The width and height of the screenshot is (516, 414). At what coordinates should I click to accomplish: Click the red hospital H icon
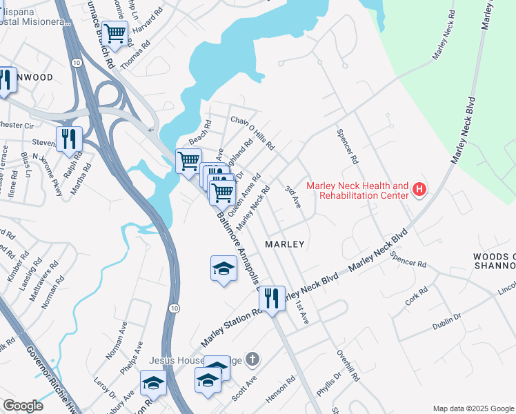(418, 189)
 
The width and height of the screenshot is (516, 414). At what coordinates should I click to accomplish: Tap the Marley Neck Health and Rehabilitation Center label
(357, 190)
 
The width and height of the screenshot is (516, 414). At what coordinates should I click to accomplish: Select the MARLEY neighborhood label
(285, 244)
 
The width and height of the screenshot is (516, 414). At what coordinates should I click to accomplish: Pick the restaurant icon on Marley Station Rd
(272, 298)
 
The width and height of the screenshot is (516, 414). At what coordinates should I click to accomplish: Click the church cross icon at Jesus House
(253, 358)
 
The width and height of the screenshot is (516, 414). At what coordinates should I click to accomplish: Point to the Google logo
(23, 406)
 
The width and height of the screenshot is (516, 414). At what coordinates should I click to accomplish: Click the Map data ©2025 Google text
(473, 408)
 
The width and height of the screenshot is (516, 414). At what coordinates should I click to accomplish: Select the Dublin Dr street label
(447, 319)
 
